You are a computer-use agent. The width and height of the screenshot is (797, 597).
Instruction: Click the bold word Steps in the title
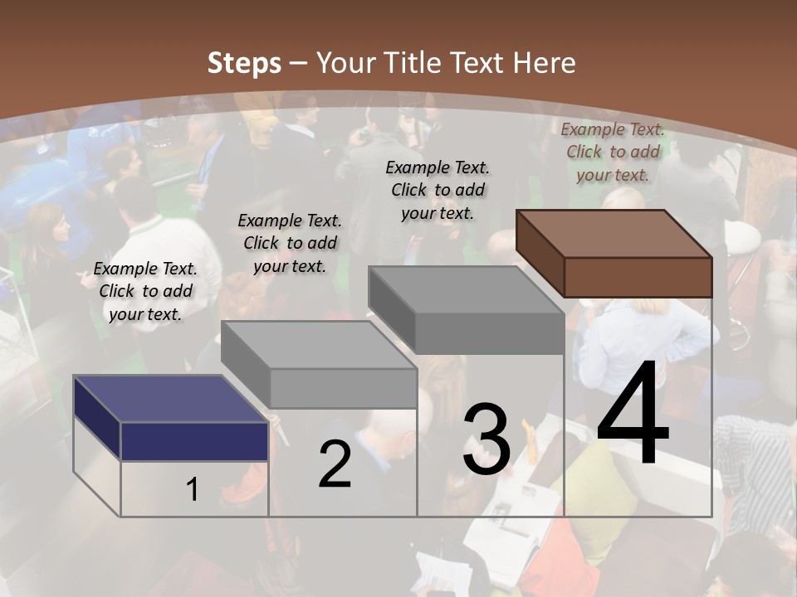244,63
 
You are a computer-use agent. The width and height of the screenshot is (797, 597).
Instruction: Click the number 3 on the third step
487,439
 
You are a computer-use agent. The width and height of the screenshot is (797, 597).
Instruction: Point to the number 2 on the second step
335,464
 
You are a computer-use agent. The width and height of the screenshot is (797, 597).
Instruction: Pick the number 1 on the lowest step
193,489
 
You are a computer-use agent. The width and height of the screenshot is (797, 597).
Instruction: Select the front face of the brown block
638,277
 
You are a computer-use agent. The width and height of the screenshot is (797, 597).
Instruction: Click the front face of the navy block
194,441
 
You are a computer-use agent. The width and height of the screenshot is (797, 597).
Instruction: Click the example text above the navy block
145,291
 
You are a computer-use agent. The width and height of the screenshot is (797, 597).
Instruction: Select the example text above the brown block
613,152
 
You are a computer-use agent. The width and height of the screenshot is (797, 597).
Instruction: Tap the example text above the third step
438,190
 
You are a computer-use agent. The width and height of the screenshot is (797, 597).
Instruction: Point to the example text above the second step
290,243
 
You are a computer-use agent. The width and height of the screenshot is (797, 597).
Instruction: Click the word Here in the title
545,63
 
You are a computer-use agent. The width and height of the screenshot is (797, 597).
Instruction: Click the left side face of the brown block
540,253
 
